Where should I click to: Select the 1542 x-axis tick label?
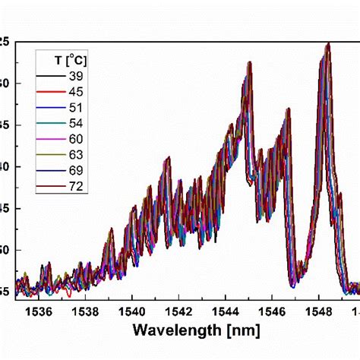click(178, 310)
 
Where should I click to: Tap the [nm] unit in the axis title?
click(241, 330)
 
